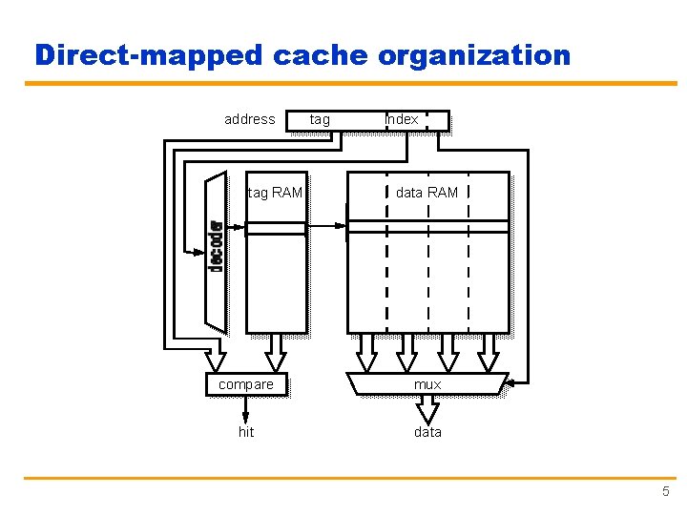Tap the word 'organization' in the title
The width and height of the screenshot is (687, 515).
[474, 55]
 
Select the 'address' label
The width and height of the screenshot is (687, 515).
[249, 119]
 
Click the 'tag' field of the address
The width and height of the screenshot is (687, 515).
[321, 119]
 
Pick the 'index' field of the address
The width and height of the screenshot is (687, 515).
[402, 119]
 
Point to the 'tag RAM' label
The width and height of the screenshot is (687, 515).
[275, 193]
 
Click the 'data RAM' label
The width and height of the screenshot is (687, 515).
[427, 193]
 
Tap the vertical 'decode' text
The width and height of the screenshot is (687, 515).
[217, 247]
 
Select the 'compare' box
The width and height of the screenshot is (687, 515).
[246, 384]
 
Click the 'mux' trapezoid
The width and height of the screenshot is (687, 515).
[427, 384]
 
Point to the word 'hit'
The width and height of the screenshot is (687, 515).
[246, 432]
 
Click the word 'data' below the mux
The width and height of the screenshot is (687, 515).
[427, 432]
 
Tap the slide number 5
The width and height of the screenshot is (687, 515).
[665, 491]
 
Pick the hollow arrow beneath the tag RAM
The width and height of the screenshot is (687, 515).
[276, 352]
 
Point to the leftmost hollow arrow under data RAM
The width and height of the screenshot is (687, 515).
[366, 352]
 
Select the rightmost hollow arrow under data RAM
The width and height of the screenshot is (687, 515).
[489, 352]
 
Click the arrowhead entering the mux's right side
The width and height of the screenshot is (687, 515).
[510, 383]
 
